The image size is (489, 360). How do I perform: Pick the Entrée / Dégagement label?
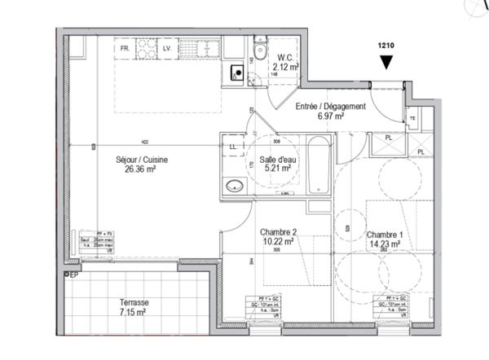(330, 107)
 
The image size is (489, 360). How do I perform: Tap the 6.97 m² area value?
(330, 117)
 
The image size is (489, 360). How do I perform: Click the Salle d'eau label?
(276, 159)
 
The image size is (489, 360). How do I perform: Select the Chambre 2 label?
(278, 231)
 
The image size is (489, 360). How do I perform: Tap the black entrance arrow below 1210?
(386, 62)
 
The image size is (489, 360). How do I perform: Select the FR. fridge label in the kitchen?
(126, 49)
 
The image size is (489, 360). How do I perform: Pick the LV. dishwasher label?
(166, 49)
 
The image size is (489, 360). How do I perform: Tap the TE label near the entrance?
(412, 119)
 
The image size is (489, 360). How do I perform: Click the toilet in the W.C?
(259, 51)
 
